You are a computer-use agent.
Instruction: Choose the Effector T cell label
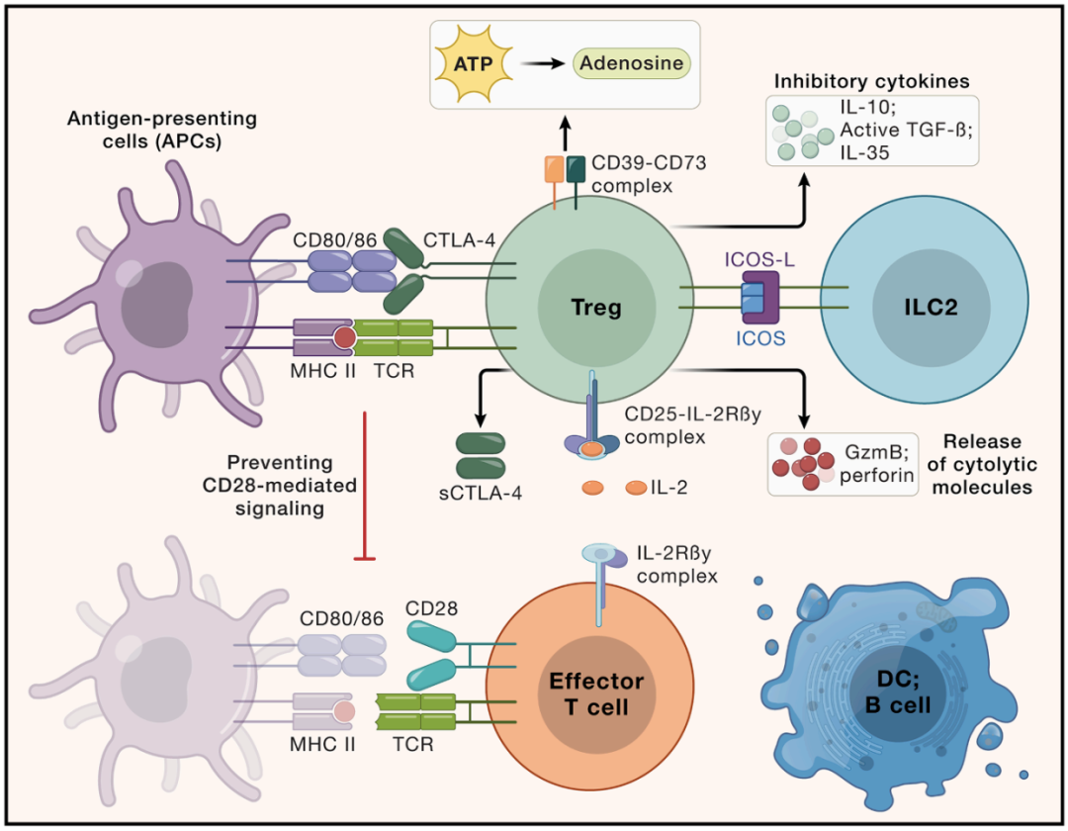[596, 694]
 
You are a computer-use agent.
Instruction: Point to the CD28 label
[431, 608]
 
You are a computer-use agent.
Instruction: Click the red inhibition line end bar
[365, 560]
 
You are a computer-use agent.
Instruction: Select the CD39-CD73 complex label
[648, 172]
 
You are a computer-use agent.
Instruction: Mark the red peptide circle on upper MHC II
[343, 338]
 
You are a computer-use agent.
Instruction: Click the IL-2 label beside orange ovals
[669, 489]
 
